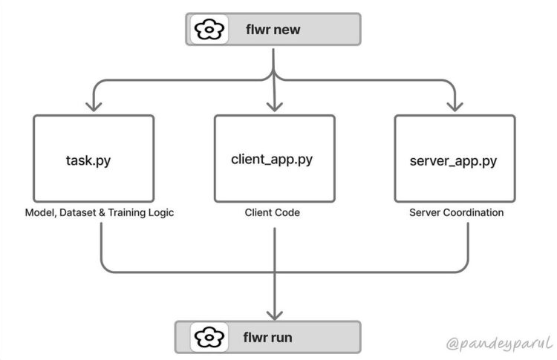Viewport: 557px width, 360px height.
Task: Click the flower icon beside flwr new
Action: coord(209,30)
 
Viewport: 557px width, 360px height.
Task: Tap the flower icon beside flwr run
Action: coord(209,338)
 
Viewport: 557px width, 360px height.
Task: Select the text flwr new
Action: coord(274,30)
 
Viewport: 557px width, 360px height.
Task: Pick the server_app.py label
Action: coord(454,160)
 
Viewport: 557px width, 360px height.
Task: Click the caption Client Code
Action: coord(274,213)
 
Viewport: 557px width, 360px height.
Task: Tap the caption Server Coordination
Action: coord(456,213)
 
